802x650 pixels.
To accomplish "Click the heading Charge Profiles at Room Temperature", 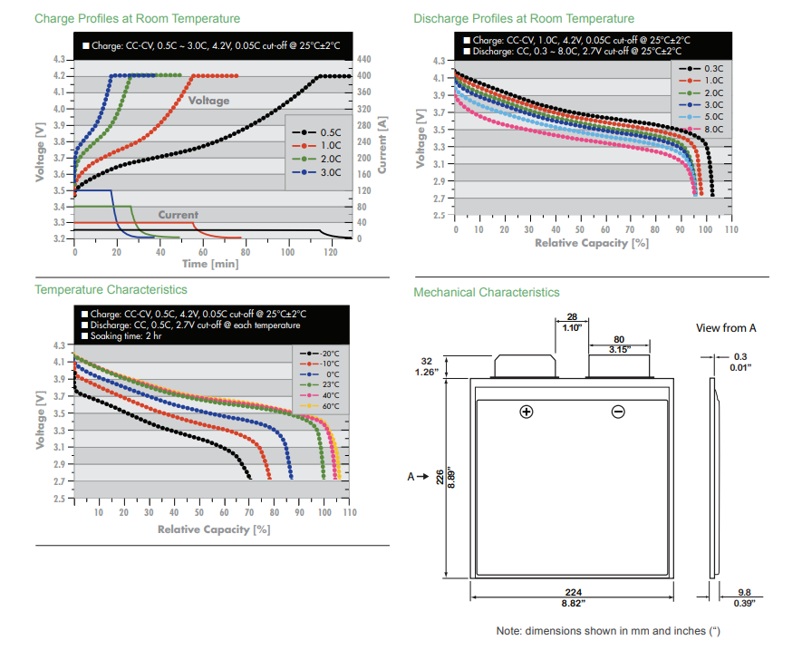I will click(137, 18).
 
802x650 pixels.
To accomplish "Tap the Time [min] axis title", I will click(210, 264).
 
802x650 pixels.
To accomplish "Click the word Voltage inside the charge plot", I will click(209, 101).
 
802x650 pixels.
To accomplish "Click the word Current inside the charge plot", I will click(179, 215).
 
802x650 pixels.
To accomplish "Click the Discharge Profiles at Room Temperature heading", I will click(524, 18).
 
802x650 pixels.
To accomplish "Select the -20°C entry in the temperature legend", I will click(329, 352).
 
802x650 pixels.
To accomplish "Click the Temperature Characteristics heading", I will click(111, 289).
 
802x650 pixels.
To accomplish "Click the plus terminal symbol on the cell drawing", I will click(526, 412).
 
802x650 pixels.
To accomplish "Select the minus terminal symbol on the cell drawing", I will click(618, 412).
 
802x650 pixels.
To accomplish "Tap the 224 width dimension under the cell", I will click(573, 592).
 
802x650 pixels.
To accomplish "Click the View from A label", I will click(726, 327).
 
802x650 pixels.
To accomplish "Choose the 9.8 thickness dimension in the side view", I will click(743, 592).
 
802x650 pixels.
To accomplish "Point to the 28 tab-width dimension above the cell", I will click(571, 317).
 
